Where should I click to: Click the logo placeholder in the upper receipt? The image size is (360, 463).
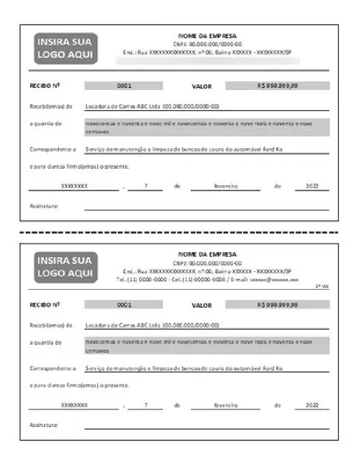point(66,49)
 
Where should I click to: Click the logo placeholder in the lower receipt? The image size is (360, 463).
point(66,267)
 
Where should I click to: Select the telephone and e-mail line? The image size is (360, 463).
point(208,279)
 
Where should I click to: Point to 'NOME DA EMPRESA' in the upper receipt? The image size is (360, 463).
point(207,36)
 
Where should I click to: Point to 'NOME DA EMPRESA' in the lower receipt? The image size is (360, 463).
point(207,254)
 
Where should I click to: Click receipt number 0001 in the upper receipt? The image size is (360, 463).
point(123,86)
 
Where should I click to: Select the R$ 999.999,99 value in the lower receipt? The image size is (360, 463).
point(278,305)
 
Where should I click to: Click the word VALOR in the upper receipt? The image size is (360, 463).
point(202,86)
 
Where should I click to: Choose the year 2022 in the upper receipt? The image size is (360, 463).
point(312,186)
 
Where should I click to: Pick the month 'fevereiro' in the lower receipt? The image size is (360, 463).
point(225,404)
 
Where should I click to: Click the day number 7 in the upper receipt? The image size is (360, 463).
point(146,186)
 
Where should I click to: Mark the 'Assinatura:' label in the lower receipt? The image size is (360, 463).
point(44,425)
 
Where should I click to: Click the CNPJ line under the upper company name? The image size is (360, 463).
point(208,44)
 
